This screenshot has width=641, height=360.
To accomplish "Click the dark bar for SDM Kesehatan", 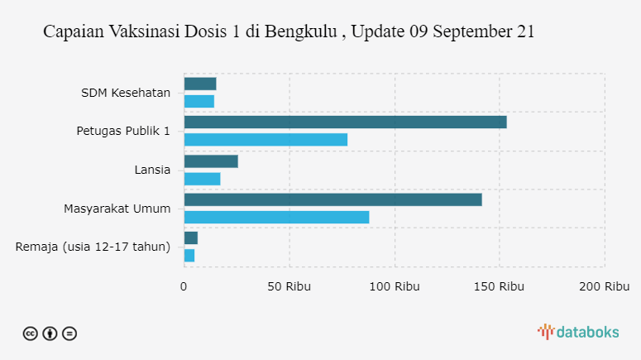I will pos(200,84).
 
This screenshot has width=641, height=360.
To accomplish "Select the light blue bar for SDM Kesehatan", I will pos(199,101).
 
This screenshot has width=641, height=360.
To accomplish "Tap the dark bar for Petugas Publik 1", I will pos(345,122).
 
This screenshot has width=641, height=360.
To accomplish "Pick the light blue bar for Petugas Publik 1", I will pos(265,139).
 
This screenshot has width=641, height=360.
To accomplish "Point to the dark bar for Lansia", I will pos(211,161).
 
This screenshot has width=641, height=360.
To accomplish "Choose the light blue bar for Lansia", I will pos(202,179).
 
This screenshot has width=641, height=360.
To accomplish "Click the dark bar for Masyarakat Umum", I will pos(332,199).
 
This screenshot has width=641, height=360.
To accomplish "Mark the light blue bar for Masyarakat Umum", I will pos(276,217).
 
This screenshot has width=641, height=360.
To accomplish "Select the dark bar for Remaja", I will pos(191,238).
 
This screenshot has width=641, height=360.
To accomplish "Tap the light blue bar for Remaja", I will pos(189,256).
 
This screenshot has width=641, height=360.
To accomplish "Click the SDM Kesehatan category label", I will pos(126,92).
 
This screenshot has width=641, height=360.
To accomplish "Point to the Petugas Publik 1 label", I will pos(123,131).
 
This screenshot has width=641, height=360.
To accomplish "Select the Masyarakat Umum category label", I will pos(117,208).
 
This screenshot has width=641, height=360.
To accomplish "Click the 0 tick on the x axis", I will pos(184,286).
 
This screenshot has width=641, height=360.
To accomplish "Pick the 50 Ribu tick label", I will pos(289,286).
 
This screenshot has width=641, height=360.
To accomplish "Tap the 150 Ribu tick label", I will pos(500,286).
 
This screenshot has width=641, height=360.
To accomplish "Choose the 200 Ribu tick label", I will pos(605,286).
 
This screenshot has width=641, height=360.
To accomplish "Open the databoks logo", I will pos(578,332).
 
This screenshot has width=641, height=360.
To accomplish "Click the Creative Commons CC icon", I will pos(30,334).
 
